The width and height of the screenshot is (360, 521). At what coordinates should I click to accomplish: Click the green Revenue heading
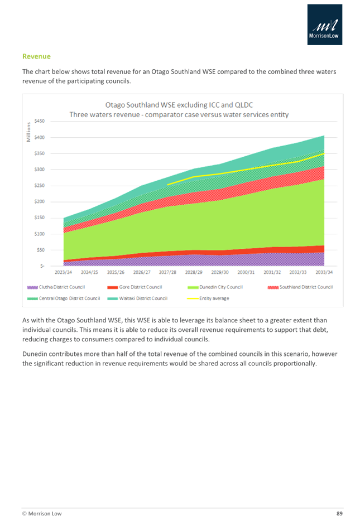point(36,56)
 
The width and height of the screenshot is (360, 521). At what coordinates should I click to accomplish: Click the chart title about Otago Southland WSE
point(179,109)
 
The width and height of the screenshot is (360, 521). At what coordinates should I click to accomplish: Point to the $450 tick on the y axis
point(40,121)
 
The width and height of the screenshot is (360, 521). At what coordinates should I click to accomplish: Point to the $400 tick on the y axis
point(40,137)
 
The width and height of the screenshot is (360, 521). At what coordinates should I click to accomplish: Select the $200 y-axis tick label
point(40,201)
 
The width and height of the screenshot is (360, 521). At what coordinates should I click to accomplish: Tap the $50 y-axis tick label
point(41,250)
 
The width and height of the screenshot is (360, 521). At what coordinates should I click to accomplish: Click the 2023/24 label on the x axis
point(63,273)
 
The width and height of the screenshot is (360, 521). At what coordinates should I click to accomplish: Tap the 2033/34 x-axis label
point(325,273)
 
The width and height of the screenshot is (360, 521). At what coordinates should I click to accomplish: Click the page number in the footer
point(339,512)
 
